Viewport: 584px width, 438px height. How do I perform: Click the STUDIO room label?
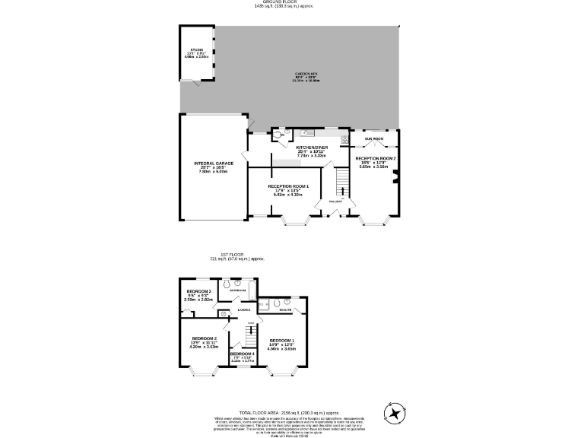click(197, 49)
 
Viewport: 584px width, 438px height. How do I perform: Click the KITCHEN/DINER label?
click(311, 146)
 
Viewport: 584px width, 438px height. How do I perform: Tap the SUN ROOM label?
click(373, 139)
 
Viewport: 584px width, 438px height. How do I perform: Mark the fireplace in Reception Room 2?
click(395, 179)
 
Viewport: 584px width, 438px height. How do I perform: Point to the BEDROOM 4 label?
click(242, 354)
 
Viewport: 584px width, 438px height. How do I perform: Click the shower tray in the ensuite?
click(266, 305)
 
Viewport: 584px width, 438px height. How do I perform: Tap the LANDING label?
click(244, 310)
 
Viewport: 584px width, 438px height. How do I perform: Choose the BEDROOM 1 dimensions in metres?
click(281, 348)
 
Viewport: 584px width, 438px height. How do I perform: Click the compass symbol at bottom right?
click(395, 414)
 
